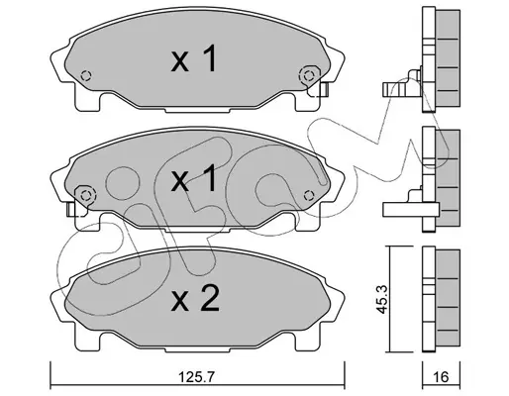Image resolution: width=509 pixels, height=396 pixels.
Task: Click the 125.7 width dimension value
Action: (196, 376)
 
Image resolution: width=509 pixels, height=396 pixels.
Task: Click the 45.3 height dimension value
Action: (382, 300)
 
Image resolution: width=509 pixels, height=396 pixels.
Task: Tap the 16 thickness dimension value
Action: (441, 376)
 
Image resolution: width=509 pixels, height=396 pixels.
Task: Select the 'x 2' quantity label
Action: (195, 299)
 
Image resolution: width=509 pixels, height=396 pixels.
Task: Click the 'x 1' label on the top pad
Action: (194, 58)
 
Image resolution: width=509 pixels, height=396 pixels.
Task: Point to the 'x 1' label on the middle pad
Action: (194, 178)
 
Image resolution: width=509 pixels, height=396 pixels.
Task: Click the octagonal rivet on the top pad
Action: (309, 75)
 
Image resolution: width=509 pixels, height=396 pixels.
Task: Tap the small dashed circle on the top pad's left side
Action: (86, 76)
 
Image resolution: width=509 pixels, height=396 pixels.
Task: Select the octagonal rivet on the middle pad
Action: (85, 195)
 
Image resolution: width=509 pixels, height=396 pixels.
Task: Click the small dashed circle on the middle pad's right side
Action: (309, 196)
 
